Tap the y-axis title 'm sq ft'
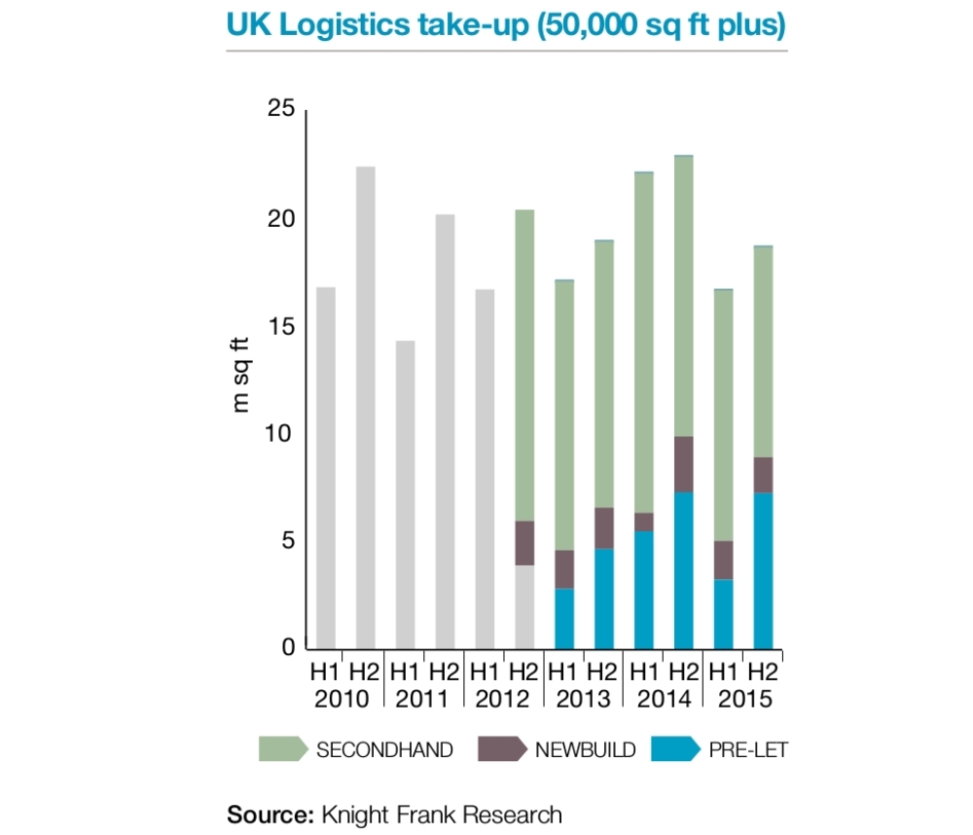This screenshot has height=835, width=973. [241, 376]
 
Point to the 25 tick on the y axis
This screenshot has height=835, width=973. [280, 110]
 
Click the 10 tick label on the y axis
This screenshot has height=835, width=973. [280, 433]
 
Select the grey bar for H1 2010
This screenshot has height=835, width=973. [326, 467]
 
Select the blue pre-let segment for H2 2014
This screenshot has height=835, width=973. [683, 570]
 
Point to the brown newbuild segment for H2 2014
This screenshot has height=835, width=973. [683, 464]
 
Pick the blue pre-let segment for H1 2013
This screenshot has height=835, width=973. [564, 618]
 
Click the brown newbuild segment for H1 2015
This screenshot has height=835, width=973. [723, 560]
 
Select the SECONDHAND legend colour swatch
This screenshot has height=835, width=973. [281, 748]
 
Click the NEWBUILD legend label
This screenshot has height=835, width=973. [585, 749]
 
